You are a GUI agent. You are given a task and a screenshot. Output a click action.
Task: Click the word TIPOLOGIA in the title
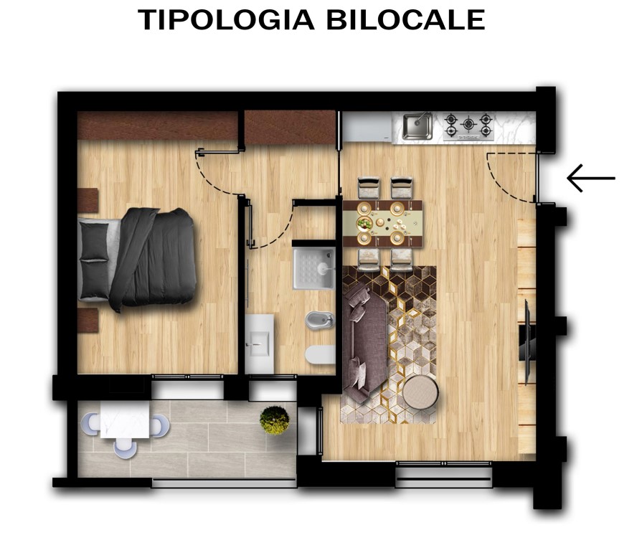pos(227,20)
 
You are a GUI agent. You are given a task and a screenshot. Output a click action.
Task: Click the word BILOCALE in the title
pos(405,20)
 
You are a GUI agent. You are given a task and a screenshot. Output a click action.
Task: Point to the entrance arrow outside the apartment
pos(591,178)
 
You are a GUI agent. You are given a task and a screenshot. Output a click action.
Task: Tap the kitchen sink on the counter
pos(416,126)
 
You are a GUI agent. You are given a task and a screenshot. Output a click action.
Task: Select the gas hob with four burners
pos(468,126)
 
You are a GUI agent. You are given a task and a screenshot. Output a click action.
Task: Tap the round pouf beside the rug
pos(420,393)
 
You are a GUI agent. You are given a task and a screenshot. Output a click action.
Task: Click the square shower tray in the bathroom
pos(313,268)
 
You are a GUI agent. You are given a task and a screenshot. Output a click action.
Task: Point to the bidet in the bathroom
pos(315,321)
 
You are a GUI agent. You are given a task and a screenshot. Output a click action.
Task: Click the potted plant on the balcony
pos(274,420)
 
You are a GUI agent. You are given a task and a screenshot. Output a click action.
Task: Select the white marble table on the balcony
pos(125,420)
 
